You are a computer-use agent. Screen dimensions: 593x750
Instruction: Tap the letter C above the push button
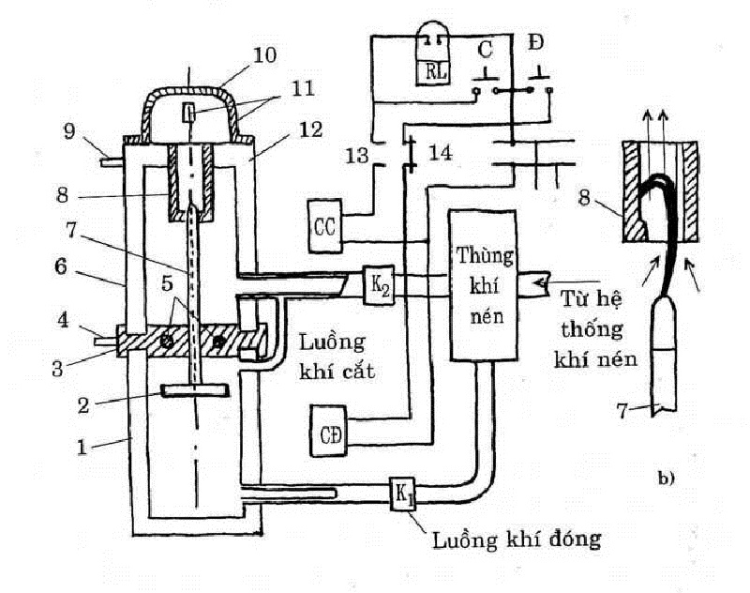pyautogui.click(x=486, y=48)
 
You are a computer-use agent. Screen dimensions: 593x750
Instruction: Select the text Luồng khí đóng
pyautogui.click(x=515, y=540)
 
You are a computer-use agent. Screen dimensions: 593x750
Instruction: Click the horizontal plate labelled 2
pyautogui.click(x=195, y=389)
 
